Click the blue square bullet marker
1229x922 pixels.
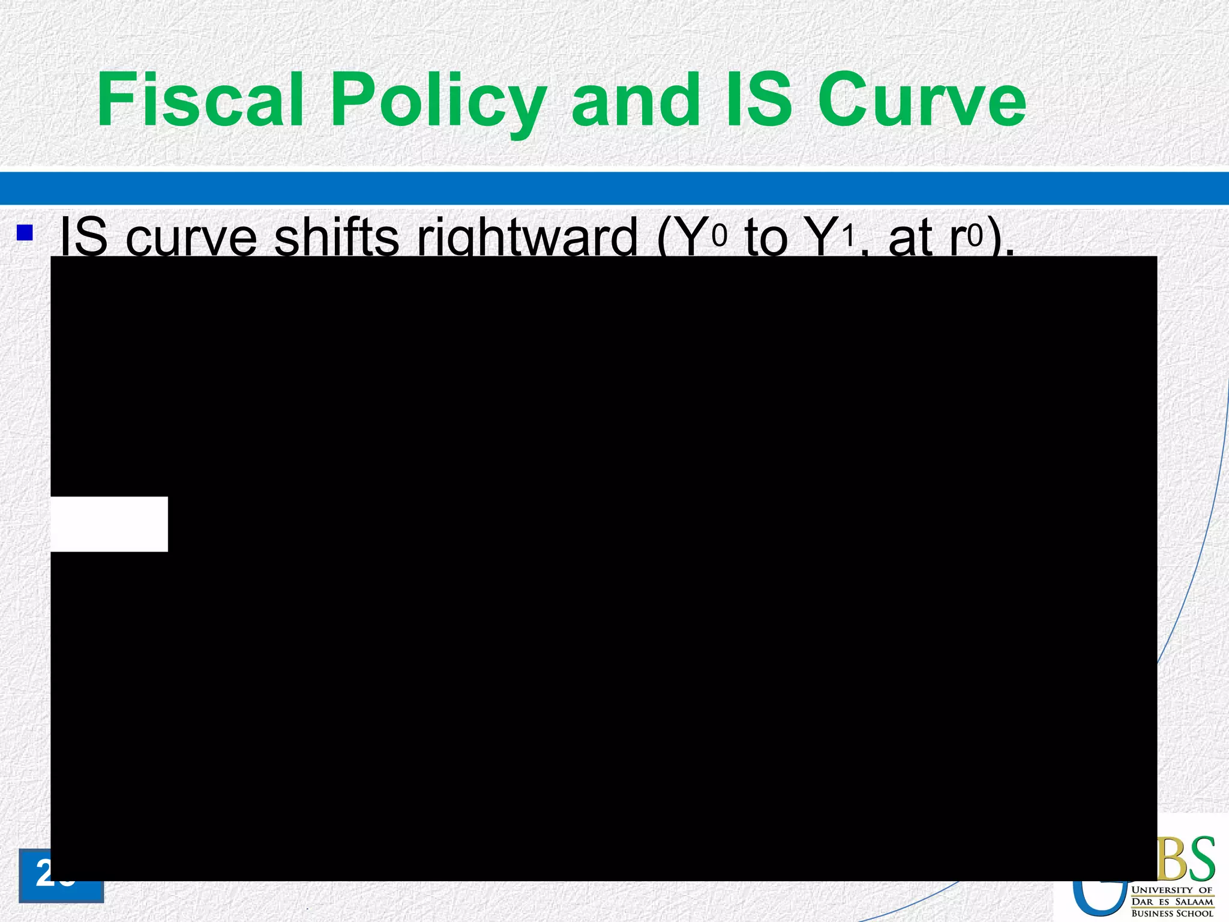tap(25, 232)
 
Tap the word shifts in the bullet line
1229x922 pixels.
tap(336, 237)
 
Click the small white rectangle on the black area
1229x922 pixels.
tap(109, 524)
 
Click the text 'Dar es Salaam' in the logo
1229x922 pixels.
tap(1172, 901)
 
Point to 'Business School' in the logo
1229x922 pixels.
tap(1172, 913)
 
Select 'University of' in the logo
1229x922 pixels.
tap(1172, 890)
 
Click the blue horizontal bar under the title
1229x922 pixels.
tap(614, 188)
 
